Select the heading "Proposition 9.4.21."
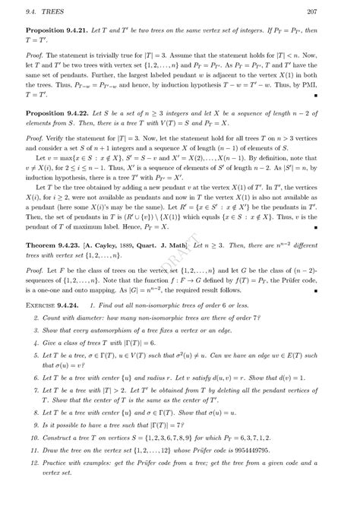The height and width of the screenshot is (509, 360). pos(57,34)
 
